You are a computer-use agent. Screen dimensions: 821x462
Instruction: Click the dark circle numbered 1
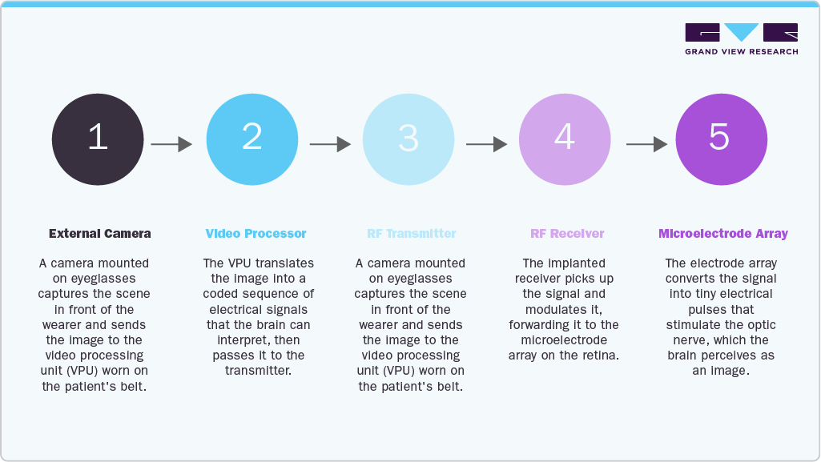(98, 139)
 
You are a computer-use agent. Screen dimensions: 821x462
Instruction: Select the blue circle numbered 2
(252, 139)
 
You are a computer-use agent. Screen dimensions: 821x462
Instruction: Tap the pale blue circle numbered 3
(408, 139)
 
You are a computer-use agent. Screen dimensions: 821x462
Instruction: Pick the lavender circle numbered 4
(565, 139)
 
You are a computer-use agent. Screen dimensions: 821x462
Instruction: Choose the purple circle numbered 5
(722, 139)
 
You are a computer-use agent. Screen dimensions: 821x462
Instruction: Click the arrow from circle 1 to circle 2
(171, 144)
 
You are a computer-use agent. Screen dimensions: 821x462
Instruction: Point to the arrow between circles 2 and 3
(330, 144)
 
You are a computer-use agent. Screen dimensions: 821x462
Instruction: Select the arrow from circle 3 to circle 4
(487, 144)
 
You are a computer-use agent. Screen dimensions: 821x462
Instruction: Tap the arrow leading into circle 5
(647, 144)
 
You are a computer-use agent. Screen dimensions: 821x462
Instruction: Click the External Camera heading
(100, 233)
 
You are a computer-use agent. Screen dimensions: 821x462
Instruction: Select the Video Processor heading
(256, 233)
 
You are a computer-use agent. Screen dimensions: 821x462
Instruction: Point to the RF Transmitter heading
(412, 233)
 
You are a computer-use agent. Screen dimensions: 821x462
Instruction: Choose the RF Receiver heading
(567, 233)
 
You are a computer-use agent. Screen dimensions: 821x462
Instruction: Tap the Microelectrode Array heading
(723, 234)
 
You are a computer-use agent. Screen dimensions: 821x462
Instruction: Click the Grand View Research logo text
(742, 51)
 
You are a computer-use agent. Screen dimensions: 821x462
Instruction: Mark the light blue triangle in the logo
(742, 31)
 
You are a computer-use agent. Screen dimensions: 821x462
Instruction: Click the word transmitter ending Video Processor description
(258, 371)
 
